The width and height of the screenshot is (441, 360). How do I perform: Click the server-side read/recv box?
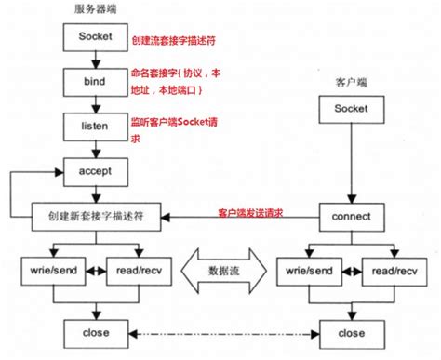[x=136, y=270]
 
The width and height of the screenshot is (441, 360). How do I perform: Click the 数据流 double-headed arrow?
[x=220, y=270]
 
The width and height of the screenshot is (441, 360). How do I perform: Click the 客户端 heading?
[x=351, y=82]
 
